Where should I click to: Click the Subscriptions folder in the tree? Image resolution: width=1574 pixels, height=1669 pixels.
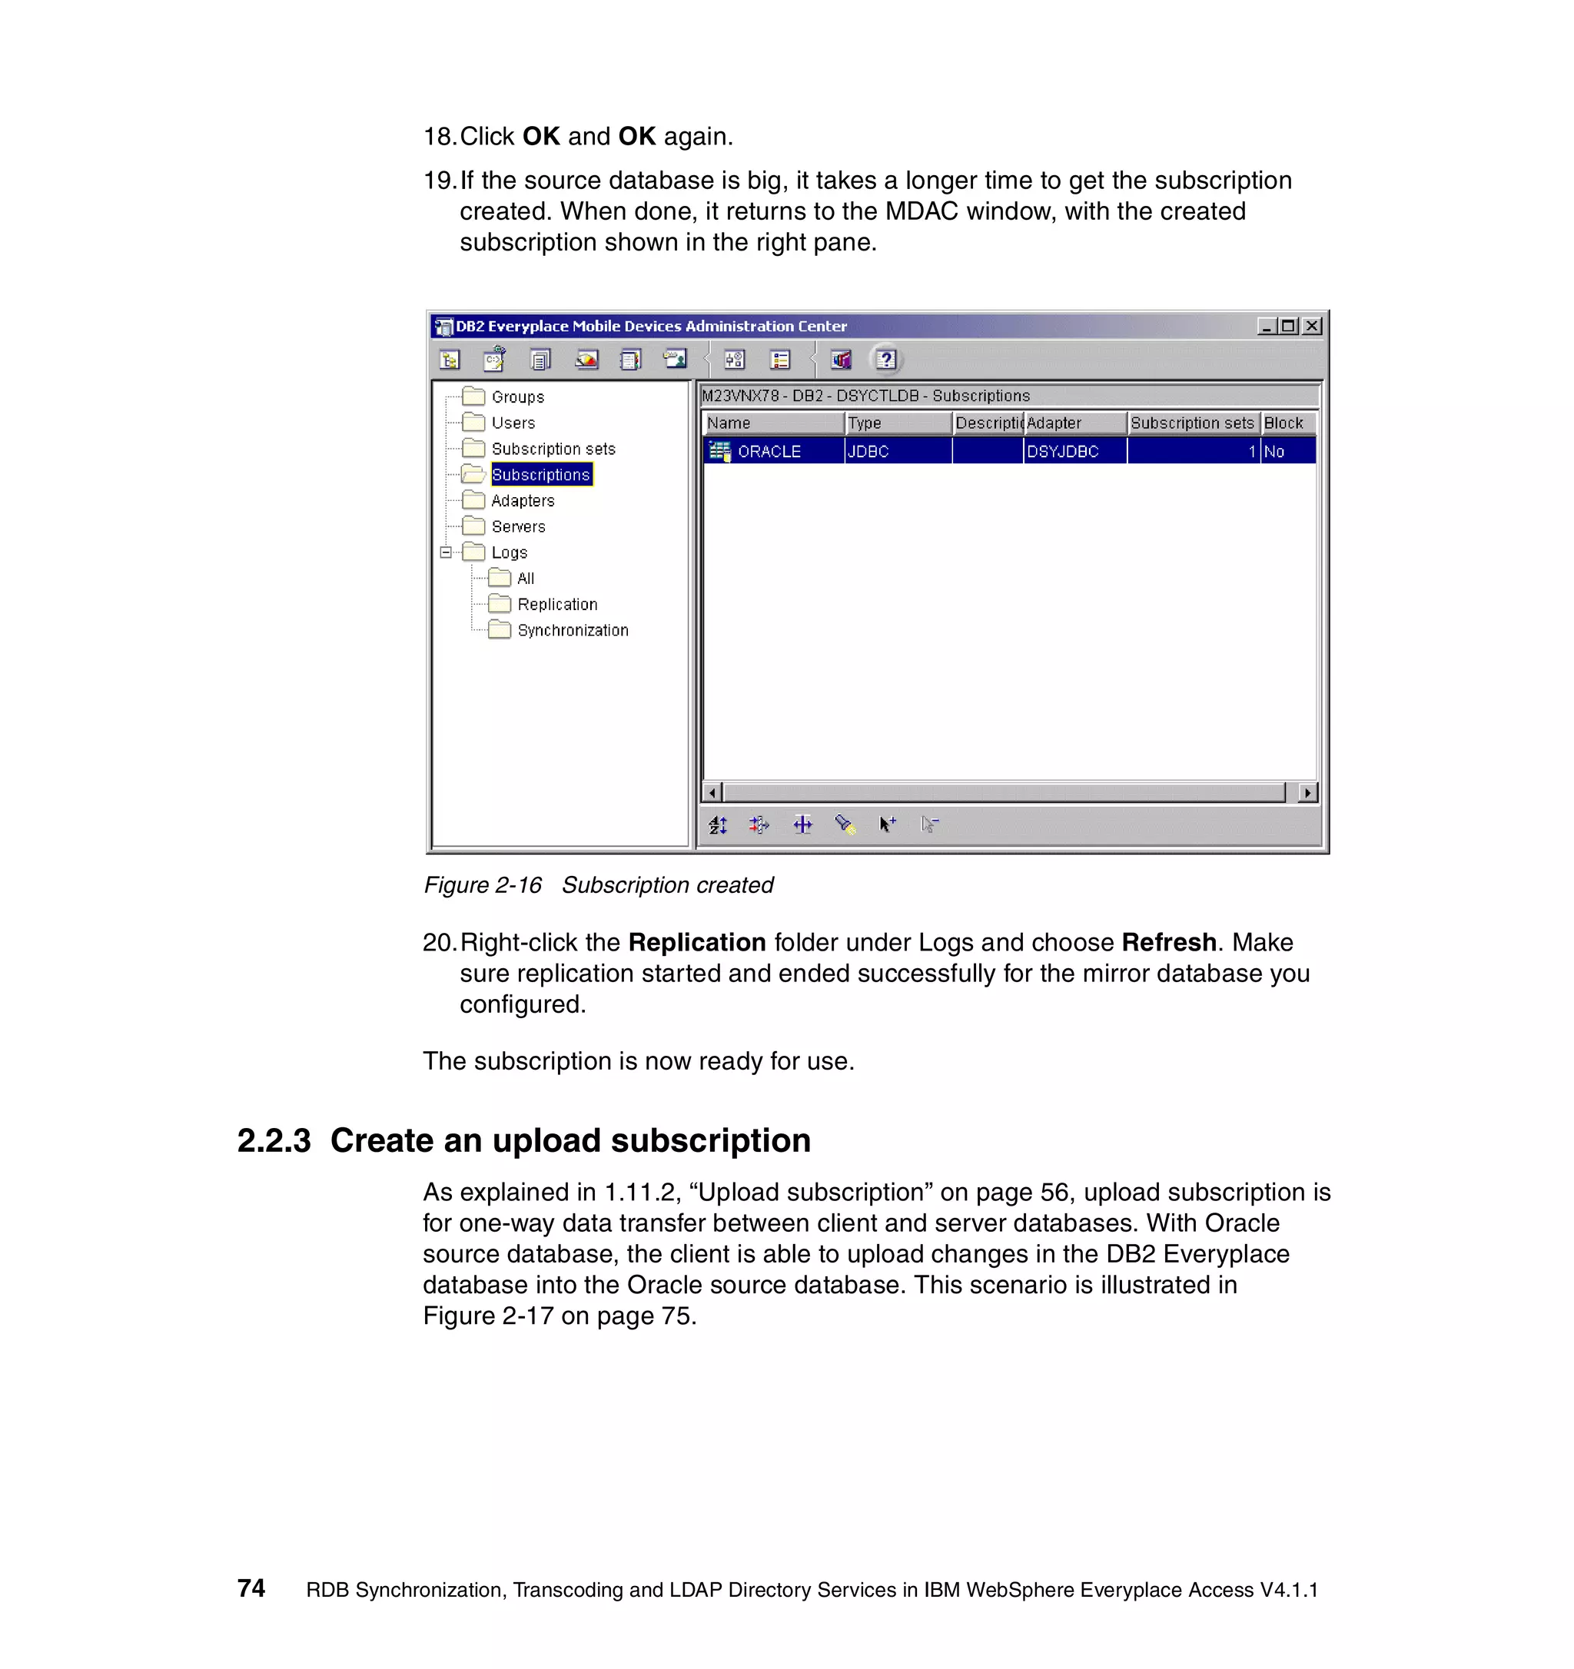(540, 474)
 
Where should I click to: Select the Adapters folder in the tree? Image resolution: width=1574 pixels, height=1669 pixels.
(522, 500)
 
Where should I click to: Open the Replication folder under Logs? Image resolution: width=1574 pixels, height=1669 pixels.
(556, 605)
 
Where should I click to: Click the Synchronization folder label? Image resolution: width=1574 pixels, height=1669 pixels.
(573, 631)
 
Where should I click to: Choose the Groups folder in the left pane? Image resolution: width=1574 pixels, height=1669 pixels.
(517, 397)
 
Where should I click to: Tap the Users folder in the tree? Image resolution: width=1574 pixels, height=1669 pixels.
(513, 423)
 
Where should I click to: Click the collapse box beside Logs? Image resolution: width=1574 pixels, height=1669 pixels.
(446, 552)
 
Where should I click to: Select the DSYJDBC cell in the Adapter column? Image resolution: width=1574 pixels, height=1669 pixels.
(1062, 452)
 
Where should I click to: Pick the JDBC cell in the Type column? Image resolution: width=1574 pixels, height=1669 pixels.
(868, 452)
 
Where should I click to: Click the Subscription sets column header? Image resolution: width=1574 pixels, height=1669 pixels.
(1191, 423)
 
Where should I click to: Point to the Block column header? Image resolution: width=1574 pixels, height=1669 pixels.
(1283, 423)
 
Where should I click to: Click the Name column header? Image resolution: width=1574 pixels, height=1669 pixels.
(729, 423)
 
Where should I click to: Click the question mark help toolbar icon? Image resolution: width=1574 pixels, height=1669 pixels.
(885, 360)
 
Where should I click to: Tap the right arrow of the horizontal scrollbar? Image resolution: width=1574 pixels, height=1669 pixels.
(1307, 792)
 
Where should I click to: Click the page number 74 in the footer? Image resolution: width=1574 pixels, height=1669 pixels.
(251, 1588)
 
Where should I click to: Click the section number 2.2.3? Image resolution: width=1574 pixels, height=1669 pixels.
(274, 1141)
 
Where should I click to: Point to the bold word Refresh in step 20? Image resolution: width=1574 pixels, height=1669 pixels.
(1168, 943)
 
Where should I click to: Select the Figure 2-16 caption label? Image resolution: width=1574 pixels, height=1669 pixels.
(483, 885)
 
